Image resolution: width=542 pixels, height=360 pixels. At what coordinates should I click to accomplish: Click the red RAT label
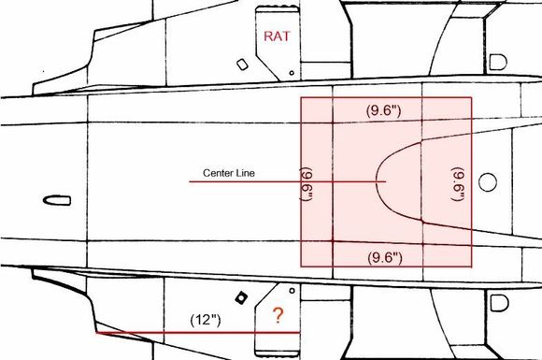click(277, 36)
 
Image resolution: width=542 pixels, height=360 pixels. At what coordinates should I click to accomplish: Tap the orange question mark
click(278, 315)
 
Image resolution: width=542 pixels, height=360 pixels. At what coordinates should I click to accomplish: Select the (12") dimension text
click(206, 320)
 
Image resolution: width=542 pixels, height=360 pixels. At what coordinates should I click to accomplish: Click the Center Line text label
click(229, 173)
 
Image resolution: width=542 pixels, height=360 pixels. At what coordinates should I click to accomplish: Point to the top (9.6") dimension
click(384, 110)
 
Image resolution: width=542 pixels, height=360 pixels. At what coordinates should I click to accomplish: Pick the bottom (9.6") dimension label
click(385, 258)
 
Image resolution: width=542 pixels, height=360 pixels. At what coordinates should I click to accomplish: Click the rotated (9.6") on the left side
click(307, 183)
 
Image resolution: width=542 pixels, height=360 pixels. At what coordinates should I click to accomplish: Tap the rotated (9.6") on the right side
click(458, 183)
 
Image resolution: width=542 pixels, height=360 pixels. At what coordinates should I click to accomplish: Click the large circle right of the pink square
click(488, 182)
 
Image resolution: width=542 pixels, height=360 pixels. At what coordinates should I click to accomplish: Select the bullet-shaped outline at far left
click(57, 201)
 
